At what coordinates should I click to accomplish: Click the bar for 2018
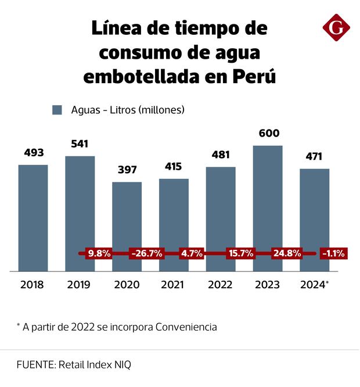point(33,217)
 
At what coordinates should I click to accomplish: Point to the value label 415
point(174,167)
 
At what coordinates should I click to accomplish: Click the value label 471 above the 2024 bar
point(314,156)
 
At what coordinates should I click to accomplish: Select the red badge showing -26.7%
point(146,253)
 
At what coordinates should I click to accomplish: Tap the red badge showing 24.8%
point(287,253)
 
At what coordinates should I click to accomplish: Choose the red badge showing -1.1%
point(333,253)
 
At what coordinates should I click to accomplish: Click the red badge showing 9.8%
point(99,253)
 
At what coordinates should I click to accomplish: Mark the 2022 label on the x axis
point(221,285)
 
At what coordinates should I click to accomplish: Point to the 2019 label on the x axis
point(80,285)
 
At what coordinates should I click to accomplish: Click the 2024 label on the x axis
point(312,285)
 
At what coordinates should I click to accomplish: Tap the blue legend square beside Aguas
point(57,110)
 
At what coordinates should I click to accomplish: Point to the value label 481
point(221,155)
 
